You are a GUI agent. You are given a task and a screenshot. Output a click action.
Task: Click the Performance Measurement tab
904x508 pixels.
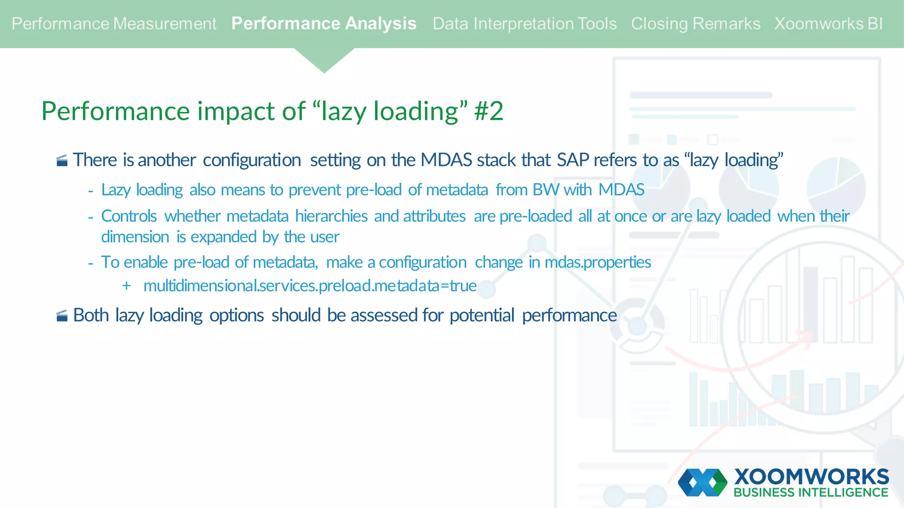pyautogui.click(x=114, y=24)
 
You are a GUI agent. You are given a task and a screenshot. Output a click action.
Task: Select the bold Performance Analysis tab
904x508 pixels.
pyautogui.click(x=324, y=24)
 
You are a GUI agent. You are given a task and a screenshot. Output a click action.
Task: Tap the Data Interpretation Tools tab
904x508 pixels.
pyautogui.click(x=524, y=24)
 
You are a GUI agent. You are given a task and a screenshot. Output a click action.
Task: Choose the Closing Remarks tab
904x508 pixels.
pyautogui.click(x=695, y=24)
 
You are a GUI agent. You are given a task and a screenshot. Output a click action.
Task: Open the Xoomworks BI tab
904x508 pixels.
pyautogui.click(x=828, y=24)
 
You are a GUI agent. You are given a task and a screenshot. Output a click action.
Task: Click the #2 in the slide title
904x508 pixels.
pyautogui.click(x=489, y=111)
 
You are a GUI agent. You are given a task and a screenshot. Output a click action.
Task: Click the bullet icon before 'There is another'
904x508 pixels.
pyautogui.click(x=62, y=161)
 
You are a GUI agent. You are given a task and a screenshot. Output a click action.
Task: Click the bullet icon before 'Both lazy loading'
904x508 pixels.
pyautogui.click(x=62, y=316)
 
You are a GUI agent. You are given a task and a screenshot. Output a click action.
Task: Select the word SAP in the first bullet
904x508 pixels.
pyautogui.click(x=573, y=160)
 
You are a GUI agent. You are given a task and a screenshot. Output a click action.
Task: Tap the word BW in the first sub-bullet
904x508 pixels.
pyautogui.click(x=546, y=190)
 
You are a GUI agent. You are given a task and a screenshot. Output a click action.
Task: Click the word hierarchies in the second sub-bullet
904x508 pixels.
pyautogui.click(x=331, y=217)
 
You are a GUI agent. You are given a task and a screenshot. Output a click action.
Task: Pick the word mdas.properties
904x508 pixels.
pyautogui.click(x=598, y=262)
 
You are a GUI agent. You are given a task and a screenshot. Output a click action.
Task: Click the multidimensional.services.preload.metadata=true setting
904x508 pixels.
pyautogui.click(x=310, y=286)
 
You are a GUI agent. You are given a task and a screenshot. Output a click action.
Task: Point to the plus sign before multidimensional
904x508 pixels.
pyautogui.click(x=127, y=286)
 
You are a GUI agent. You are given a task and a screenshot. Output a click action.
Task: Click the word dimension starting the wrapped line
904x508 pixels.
pyautogui.click(x=135, y=237)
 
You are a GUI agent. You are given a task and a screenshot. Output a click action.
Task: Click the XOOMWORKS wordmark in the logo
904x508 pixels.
pyautogui.click(x=811, y=477)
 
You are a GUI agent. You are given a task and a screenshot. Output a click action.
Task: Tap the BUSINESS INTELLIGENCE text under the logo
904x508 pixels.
pyautogui.click(x=811, y=493)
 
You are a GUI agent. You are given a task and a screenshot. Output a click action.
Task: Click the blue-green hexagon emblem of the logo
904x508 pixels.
pyautogui.click(x=702, y=482)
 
